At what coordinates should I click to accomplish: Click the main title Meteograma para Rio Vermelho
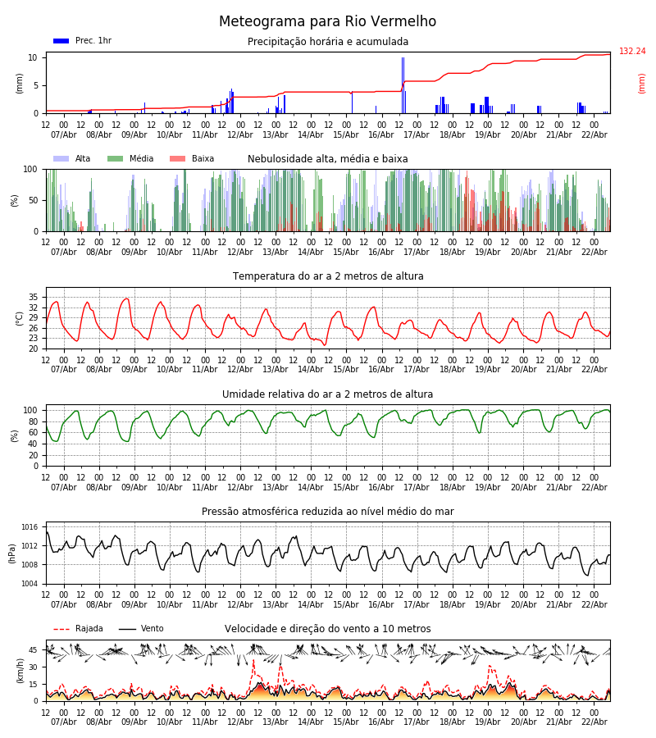(x=327, y=22)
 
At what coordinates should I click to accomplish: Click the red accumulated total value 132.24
(x=632, y=52)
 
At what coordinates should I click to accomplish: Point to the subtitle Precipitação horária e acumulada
(x=327, y=42)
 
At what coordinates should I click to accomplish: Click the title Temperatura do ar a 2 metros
(x=327, y=276)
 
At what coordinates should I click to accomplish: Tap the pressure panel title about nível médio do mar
(x=327, y=512)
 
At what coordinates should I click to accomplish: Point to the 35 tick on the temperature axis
(x=34, y=297)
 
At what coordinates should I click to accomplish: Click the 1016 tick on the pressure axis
(x=30, y=527)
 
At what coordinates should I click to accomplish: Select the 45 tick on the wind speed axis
(x=34, y=650)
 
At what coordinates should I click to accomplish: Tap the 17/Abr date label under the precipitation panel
(x=417, y=134)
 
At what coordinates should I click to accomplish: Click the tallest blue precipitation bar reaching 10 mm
(x=403, y=82)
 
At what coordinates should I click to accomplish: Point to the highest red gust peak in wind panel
(x=253, y=661)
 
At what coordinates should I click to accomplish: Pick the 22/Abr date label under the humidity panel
(x=594, y=487)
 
